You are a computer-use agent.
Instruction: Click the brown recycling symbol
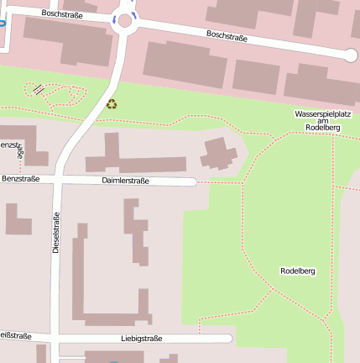[112, 104]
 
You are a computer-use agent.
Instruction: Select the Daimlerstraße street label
[126, 181]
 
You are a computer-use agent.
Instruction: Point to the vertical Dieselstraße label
[56, 234]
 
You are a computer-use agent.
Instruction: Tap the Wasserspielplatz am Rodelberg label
[322, 120]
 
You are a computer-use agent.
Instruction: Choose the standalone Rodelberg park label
[297, 271]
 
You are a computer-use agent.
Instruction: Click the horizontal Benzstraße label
[21, 179]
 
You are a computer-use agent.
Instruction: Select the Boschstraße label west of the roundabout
[60, 14]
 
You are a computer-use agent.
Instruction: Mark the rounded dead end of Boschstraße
[351, 55]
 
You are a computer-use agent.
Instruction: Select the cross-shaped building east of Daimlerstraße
[218, 155]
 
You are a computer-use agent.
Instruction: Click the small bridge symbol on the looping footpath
[38, 88]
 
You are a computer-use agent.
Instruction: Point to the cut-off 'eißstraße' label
[15, 336]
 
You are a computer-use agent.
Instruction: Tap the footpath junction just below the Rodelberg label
[271, 289]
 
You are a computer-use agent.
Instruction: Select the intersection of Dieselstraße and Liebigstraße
[55, 338]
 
